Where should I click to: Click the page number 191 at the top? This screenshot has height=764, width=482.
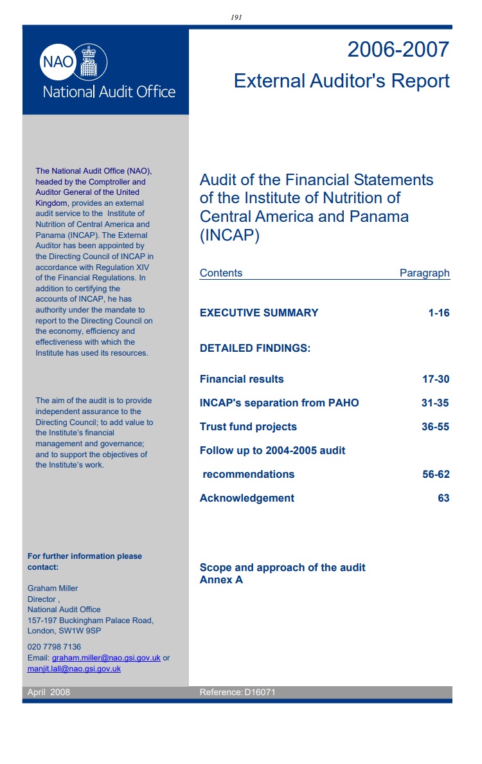point(236,17)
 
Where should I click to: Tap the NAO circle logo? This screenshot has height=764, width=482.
point(58,62)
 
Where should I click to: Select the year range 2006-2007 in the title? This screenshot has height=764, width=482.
point(398,50)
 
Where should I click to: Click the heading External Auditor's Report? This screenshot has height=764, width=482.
point(341,81)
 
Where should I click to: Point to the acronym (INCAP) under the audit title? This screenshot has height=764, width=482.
point(229,235)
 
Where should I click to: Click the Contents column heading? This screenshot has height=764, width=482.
point(221,273)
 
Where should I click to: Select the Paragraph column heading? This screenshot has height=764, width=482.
point(424,273)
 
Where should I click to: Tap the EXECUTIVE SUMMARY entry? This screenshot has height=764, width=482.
point(259,313)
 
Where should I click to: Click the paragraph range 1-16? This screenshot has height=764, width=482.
point(439,313)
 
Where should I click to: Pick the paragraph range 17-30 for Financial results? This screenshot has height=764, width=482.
point(436,379)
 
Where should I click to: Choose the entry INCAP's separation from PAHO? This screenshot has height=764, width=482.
point(279,403)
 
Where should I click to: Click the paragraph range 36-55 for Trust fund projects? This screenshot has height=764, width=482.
point(435,426)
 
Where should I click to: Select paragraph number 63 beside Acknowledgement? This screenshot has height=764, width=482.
point(443,498)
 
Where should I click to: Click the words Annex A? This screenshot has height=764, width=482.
point(221,580)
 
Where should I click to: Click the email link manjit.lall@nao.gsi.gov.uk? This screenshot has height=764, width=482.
point(74,669)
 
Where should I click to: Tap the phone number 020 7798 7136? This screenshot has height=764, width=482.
point(54,646)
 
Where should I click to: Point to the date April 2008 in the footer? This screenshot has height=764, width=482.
point(49,692)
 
